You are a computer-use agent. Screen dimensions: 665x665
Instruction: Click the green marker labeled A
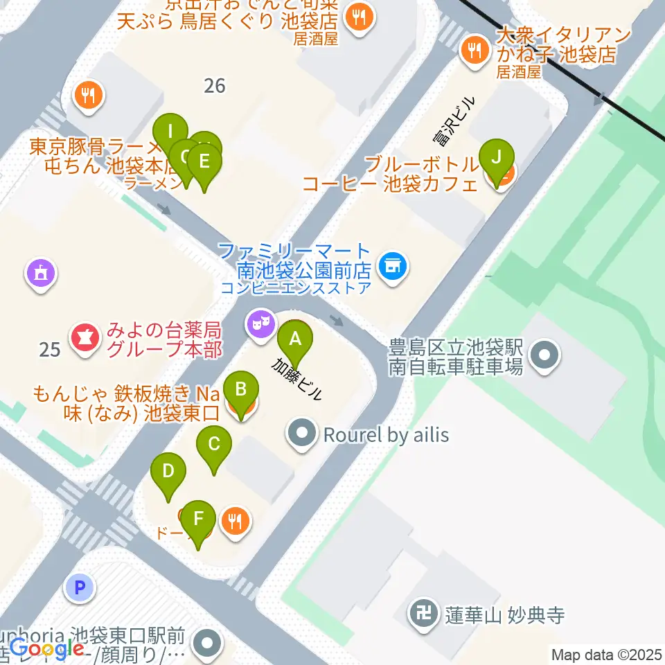click(295, 340)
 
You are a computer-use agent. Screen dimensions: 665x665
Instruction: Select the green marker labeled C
click(214, 444)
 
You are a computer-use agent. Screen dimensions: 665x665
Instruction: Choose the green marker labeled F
click(199, 518)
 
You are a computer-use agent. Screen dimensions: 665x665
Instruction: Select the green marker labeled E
click(204, 161)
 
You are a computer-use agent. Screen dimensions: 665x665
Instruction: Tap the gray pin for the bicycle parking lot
click(544, 356)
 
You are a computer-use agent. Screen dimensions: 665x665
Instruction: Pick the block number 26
click(215, 86)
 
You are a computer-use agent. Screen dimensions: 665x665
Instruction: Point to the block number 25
click(50, 349)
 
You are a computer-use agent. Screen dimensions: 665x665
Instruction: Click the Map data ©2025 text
click(605, 654)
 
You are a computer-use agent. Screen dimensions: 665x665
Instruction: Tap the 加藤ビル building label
click(296, 379)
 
